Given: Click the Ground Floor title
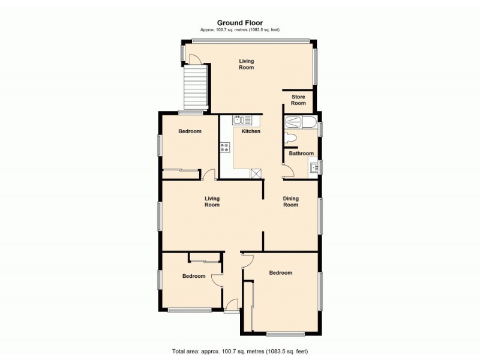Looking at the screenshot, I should coord(240,23).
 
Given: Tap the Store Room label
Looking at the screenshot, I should coord(298,100).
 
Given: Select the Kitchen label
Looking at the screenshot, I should coord(251,131).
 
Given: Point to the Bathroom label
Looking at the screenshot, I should coord(301,154).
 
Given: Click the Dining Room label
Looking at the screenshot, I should coord(291,202).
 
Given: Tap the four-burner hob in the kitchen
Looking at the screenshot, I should coord(225,147).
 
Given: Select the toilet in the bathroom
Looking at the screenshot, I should coord(292,138).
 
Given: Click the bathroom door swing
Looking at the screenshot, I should coord(287,170).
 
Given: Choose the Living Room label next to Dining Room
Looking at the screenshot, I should coord(212,202).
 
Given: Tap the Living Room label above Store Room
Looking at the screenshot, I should coord(246,64).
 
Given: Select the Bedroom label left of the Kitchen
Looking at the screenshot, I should coord(190,131).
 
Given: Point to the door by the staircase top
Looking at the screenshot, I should coord(195,59).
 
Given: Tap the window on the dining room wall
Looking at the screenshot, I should coord(320,215).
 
